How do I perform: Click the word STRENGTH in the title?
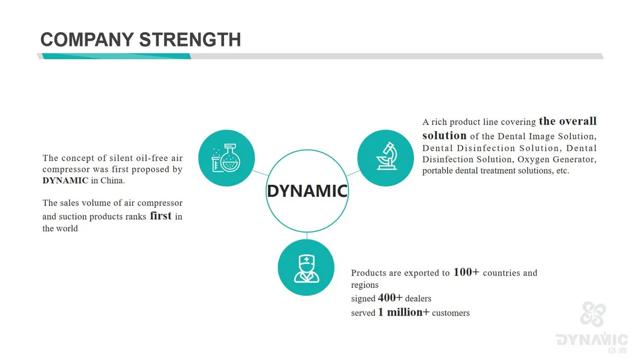[190, 40]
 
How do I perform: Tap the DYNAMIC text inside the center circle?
[307, 191]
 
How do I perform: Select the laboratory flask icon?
[226, 158]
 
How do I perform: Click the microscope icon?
[386, 156]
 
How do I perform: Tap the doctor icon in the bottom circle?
[307, 269]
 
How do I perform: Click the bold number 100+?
[466, 272]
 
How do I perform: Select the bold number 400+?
[390, 298]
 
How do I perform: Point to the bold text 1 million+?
[404, 312]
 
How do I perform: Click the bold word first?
[161, 216]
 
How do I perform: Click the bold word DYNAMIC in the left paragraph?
[65, 181]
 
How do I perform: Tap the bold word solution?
[444, 135]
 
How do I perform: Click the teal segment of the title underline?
[117, 56]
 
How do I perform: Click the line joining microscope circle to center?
[353, 173]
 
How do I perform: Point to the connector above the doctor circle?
[307, 236]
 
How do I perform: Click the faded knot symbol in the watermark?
[593, 314]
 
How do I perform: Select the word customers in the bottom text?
[450, 313]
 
